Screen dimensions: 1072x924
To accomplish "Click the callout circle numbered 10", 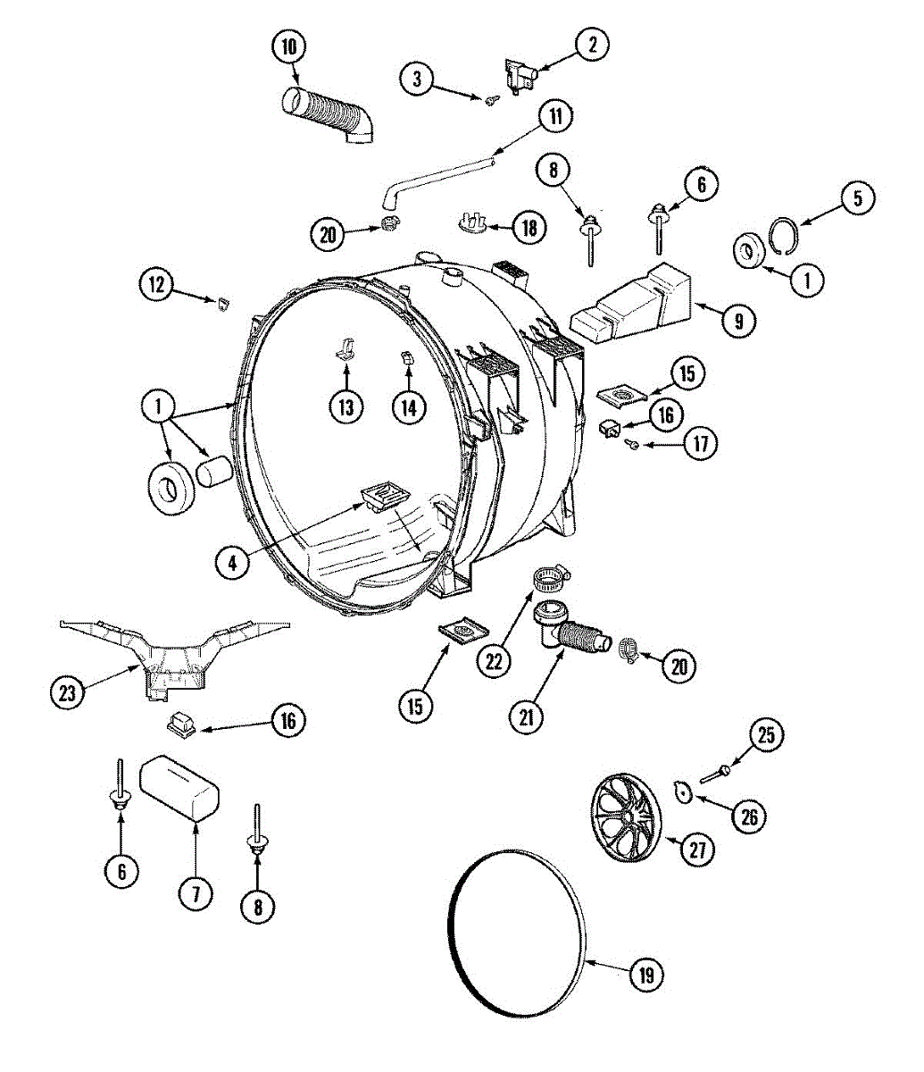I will tap(288, 46).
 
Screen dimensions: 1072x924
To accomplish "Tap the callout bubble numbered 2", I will tap(591, 45).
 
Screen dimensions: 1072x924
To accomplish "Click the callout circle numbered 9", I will tap(738, 321).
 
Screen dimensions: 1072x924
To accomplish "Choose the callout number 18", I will tap(529, 227).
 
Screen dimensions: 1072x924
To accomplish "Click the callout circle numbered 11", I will tap(555, 116).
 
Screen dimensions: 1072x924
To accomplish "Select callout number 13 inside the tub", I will tap(345, 406).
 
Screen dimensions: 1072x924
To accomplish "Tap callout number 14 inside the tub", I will tap(408, 406).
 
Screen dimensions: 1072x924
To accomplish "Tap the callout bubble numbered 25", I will tap(766, 736).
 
